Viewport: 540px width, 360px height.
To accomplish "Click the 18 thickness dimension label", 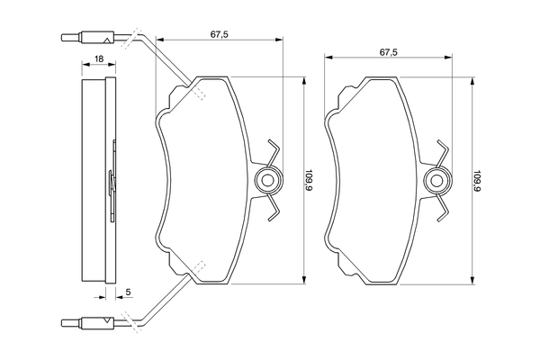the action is click(x=99, y=58).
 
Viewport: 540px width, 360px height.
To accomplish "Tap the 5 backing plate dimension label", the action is click(x=128, y=292).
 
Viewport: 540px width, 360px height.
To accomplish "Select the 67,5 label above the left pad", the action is click(x=220, y=34).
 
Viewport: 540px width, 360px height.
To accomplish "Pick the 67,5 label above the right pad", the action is click(x=389, y=52).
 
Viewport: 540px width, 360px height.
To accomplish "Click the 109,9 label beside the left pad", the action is click(x=309, y=180).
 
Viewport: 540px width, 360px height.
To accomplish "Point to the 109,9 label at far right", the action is click(x=477, y=180).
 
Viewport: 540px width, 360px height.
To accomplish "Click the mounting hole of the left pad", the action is click(x=267, y=180).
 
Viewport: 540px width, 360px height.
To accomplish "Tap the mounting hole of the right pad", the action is click(x=436, y=180).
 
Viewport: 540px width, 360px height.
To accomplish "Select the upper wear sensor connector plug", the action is click(x=87, y=38).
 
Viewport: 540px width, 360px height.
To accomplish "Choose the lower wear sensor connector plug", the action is click(x=87, y=322).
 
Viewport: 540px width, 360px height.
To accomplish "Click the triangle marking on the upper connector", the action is click(x=107, y=40).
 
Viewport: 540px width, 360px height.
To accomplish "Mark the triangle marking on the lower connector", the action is click(x=107, y=319).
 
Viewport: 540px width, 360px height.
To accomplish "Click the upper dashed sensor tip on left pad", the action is click(x=198, y=93).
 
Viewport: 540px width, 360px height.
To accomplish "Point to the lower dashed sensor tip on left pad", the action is click(x=198, y=267).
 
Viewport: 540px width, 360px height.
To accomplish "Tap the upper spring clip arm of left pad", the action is click(x=274, y=152).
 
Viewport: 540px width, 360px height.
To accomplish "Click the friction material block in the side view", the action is click(x=94, y=180).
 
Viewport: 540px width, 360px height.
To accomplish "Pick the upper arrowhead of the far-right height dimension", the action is click(x=472, y=81).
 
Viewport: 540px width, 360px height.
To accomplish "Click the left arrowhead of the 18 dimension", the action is click(x=85, y=64).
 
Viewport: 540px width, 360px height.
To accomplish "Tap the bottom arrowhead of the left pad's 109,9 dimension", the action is click(x=304, y=280).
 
